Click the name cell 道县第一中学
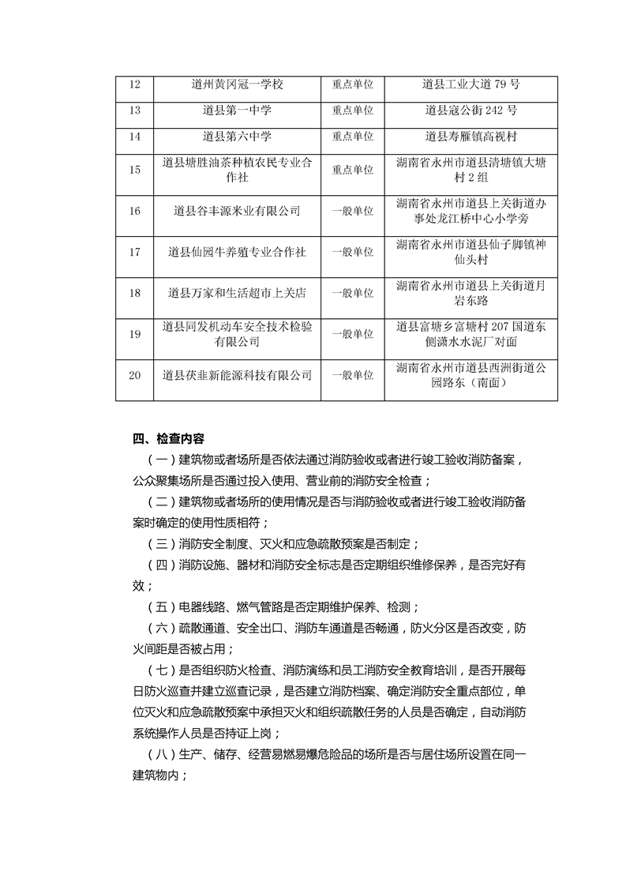click(237, 111)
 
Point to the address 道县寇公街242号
click(470, 111)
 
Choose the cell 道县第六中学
click(237, 137)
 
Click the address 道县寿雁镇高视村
click(470, 137)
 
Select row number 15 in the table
click(134, 170)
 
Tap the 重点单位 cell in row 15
click(352, 170)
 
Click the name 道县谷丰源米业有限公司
click(237, 211)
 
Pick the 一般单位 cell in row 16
click(352, 211)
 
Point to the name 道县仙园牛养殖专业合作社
click(237, 252)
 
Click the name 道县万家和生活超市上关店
click(237, 293)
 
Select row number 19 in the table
click(134, 334)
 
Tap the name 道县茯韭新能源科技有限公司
click(237, 375)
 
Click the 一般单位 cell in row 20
click(352, 375)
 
